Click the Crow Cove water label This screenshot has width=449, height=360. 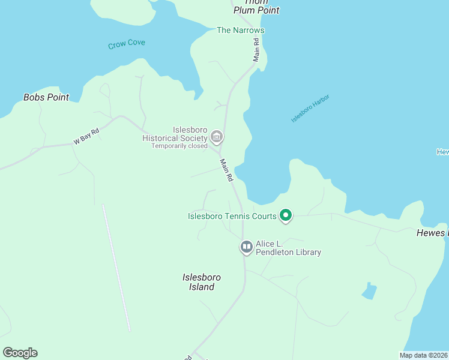(127, 44)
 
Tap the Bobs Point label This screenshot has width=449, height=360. (46, 97)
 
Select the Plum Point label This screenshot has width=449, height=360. (257, 10)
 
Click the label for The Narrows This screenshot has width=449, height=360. (240, 30)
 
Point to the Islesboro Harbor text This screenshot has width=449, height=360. (310, 109)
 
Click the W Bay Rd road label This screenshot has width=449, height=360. (86, 136)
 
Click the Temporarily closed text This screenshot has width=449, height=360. (179, 146)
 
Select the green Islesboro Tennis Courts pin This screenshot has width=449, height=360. (286, 215)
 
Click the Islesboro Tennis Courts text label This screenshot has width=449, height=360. (232, 216)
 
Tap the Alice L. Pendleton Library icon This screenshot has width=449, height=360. (247, 247)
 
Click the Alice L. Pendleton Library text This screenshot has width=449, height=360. (288, 248)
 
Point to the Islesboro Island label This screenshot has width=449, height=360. (202, 282)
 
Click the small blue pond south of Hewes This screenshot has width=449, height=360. (369, 292)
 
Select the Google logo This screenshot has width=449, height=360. (20, 353)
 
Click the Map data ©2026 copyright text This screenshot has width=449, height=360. (424, 355)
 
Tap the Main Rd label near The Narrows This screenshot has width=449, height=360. (256, 50)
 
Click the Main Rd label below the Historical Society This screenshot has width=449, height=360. (226, 170)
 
